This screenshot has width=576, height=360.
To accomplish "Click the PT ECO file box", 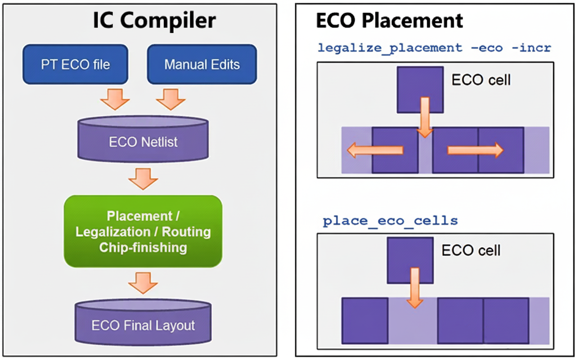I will pyautogui.click(x=76, y=64).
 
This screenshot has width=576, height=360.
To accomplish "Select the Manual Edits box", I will pyautogui.click(x=202, y=64).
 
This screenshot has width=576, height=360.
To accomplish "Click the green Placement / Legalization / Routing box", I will pyautogui.click(x=143, y=232).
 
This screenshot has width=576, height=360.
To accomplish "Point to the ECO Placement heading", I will pyautogui.click(x=390, y=21).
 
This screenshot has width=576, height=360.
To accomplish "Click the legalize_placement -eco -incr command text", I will pyautogui.click(x=434, y=48).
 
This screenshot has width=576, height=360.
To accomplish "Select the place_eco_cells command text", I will pyautogui.click(x=390, y=221).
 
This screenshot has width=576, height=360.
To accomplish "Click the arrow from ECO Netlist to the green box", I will pyautogui.click(x=143, y=179).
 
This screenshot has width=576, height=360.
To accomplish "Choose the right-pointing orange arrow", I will pyautogui.click(x=475, y=150).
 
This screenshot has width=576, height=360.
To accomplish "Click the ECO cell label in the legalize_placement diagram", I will pyautogui.click(x=481, y=81).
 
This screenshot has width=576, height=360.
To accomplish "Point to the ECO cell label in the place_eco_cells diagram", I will pyautogui.click(x=471, y=251).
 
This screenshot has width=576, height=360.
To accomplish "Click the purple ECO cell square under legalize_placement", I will pyautogui.click(x=420, y=90).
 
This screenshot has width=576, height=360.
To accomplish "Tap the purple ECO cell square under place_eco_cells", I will pyautogui.click(x=410, y=261).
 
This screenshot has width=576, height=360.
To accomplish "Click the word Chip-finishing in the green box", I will pyautogui.click(x=143, y=247).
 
